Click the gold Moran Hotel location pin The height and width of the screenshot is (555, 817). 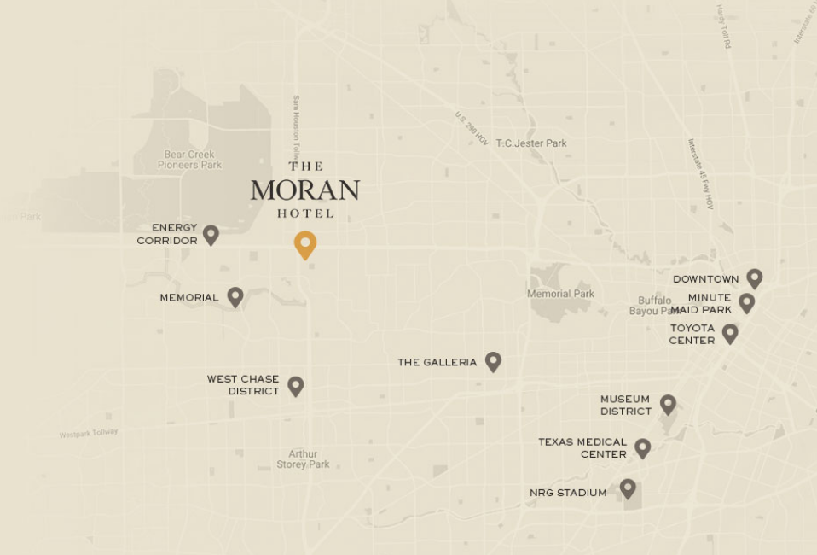point(305,243)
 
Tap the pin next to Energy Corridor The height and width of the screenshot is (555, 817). point(211,234)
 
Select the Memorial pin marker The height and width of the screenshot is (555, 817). point(235,296)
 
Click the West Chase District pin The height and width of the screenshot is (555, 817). point(296,385)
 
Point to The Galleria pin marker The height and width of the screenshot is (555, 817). point(493,361)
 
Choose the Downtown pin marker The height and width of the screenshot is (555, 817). point(754,277)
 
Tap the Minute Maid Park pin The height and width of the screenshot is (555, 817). point(747,302)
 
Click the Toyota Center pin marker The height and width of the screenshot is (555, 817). point(730,333)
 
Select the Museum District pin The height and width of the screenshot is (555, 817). point(668,404)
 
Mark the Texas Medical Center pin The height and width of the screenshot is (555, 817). point(643,447)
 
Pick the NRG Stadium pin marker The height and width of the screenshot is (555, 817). point(628,488)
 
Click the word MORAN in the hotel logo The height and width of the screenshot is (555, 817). point(304,190)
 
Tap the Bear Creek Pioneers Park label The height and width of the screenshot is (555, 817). point(189,160)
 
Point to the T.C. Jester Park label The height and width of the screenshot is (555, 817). point(531,143)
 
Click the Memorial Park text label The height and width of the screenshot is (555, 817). point(560,294)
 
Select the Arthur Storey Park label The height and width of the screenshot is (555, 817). point(303,459)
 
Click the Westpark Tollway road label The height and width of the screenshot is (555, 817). point(89,434)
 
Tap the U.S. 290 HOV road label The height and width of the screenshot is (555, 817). point(472,128)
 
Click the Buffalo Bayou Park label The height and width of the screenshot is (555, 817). point(655,306)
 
